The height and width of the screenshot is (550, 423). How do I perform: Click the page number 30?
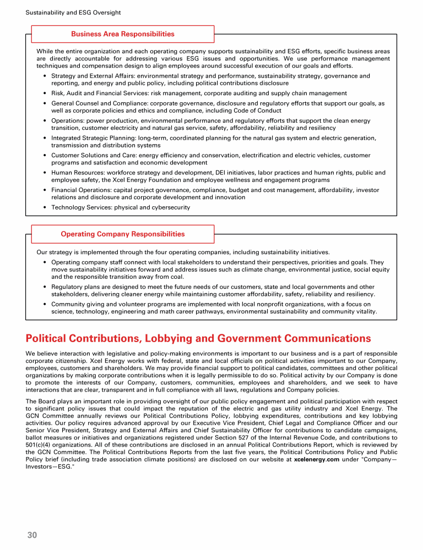coord(32,535)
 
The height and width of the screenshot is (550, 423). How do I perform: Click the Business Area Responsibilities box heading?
coord(123,34)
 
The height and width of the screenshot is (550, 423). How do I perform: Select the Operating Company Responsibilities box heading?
coord(123,234)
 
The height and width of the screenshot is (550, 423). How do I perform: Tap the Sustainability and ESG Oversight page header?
coord(73,12)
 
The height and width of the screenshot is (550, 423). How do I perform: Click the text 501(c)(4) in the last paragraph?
coord(42,446)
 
